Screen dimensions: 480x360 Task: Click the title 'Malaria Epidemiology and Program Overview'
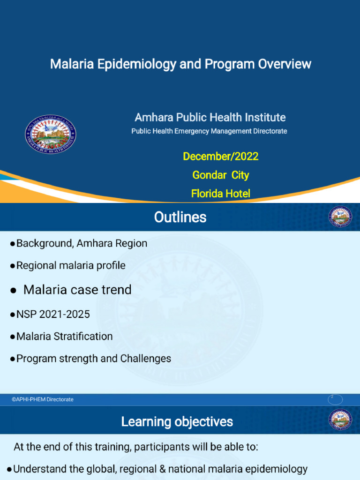180,64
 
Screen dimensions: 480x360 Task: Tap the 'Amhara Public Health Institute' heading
210,117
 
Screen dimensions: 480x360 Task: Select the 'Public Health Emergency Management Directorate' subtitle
209,131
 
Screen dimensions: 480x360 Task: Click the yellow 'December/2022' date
220,156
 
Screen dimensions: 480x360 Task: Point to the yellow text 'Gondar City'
220,175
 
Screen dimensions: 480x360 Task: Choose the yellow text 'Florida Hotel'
220,193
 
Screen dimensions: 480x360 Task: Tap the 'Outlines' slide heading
180,217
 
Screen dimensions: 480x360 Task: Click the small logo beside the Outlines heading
340,217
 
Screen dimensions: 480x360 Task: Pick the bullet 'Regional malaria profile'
70,265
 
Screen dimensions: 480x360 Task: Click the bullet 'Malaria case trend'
77,290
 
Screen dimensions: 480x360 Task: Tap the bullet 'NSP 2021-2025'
52,314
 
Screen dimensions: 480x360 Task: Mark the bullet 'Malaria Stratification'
64,336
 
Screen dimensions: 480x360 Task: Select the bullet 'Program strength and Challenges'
93,359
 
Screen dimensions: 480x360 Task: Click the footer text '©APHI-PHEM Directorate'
43,399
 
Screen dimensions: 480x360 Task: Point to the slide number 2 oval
335,399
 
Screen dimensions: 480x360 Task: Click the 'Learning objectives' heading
177,421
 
